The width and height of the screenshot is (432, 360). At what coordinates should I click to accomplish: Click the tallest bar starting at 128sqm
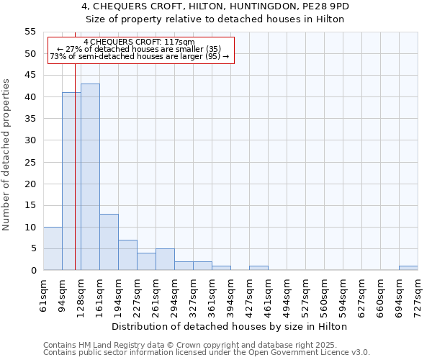click(x=90, y=177)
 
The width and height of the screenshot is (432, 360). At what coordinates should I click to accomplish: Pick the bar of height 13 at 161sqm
click(x=109, y=242)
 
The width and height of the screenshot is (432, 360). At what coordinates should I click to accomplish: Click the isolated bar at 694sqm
click(x=408, y=268)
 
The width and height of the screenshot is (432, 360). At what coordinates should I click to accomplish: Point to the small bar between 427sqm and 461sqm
click(x=258, y=268)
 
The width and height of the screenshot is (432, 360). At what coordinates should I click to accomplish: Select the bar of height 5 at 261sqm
click(x=165, y=259)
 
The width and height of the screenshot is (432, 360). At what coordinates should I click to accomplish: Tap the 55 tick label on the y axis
click(x=30, y=32)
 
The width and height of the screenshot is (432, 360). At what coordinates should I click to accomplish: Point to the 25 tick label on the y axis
click(x=30, y=162)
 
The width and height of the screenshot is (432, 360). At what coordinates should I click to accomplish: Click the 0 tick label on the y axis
click(x=33, y=271)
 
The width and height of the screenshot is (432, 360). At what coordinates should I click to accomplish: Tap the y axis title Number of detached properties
click(x=6, y=155)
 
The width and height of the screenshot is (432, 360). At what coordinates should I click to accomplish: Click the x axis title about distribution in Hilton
click(x=230, y=326)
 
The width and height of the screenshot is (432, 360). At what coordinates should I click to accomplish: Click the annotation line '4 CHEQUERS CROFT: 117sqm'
click(x=139, y=42)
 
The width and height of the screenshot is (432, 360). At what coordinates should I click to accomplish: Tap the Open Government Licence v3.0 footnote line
click(x=207, y=353)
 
